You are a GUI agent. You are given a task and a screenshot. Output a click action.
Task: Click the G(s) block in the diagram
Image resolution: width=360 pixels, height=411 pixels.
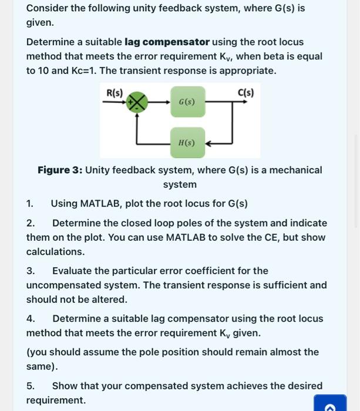tap(187, 102)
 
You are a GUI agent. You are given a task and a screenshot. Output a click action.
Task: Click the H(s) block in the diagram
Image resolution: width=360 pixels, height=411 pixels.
tap(187, 143)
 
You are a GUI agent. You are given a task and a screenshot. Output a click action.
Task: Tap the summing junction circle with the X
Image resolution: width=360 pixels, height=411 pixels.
tap(137, 102)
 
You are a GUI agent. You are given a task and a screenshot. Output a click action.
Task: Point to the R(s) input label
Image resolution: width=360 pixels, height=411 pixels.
tap(115, 93)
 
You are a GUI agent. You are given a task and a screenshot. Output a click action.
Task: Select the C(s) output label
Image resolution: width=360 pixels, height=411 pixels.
tap(246, 93)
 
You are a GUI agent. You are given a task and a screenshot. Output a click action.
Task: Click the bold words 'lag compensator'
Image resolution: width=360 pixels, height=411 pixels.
tap(167, 42)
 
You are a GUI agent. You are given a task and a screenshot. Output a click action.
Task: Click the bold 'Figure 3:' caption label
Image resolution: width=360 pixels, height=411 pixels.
tap(60, 170)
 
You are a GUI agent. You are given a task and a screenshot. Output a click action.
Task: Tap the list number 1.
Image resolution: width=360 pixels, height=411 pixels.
tap(29, 204)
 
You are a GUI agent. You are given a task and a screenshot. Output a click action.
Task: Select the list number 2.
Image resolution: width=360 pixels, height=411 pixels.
tap(30, 223)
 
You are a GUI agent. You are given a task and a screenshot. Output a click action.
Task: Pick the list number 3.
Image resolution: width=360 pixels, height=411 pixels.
tap(30, 271)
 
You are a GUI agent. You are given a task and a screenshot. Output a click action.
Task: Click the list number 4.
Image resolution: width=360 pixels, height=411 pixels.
tap(30, 319)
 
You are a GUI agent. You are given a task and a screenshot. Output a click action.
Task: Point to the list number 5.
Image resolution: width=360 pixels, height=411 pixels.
tap(30, 386)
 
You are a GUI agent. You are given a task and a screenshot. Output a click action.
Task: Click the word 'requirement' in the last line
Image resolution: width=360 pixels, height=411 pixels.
tap(55, 400)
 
